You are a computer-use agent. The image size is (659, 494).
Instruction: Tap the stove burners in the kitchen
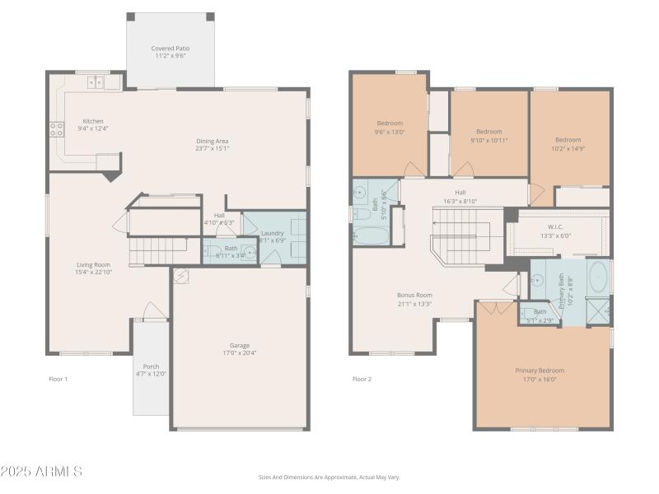pyautogui.click(x=58, y=128)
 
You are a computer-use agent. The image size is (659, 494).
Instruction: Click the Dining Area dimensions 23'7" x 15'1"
pyautogui.click(x=212, y=149)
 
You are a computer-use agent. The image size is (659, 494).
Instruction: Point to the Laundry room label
pyautogui.click(x=272, y=233)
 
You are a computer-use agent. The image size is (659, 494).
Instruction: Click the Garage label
pyautogui.click(x=240, y=345)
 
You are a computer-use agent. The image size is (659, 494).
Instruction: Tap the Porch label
pyautogui.click(x=151, y=366)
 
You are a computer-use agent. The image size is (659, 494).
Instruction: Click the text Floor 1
pyautogui.click(x=58, y=380)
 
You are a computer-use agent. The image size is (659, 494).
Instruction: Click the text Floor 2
pyautogui.click(x=362, y=380)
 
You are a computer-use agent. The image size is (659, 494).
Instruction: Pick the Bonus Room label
pyautogui.click(x=414, y=295)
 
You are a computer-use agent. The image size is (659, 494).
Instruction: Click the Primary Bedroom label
pyautogui.click(x=540, y=370)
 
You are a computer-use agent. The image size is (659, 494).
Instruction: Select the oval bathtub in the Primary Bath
pyautogui.click(x=598, y=277)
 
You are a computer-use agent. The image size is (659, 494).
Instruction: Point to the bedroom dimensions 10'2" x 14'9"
pyautogui.click(x=568, y=148)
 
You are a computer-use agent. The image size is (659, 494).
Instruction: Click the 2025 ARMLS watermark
pyautogui.click(x=41, y=472)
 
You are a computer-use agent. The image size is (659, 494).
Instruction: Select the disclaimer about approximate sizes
pyautogui.click(x=329, y=477)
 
